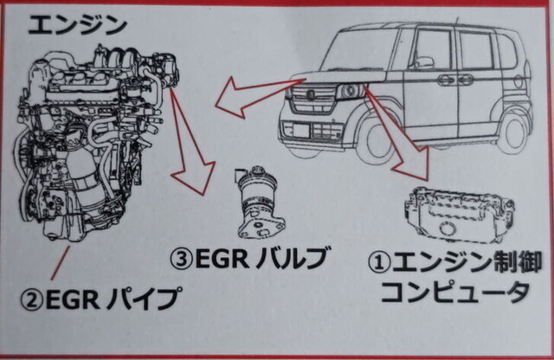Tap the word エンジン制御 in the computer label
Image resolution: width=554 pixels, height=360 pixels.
[x=462, y=260]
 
